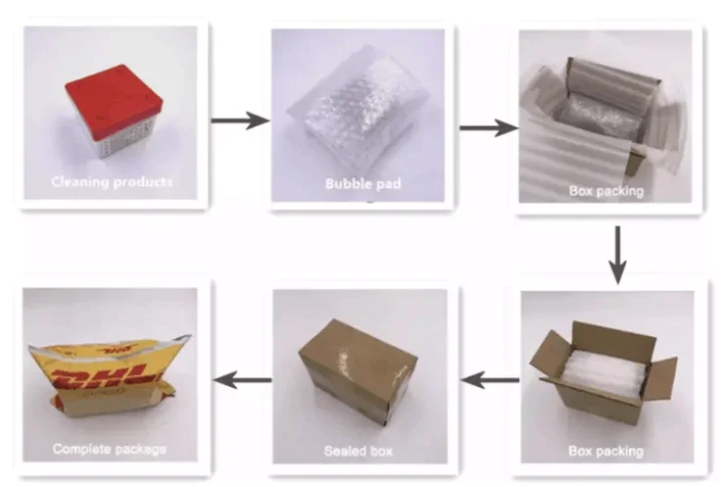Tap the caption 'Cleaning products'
point(111,182)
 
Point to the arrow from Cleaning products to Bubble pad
point(241,121)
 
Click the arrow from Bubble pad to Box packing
point(488,126)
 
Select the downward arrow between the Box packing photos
point(616,254)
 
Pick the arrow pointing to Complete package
point(243,376)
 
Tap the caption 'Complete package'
point(109,450)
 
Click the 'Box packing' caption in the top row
point(606,190)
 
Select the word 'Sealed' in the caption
point(344,452)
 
